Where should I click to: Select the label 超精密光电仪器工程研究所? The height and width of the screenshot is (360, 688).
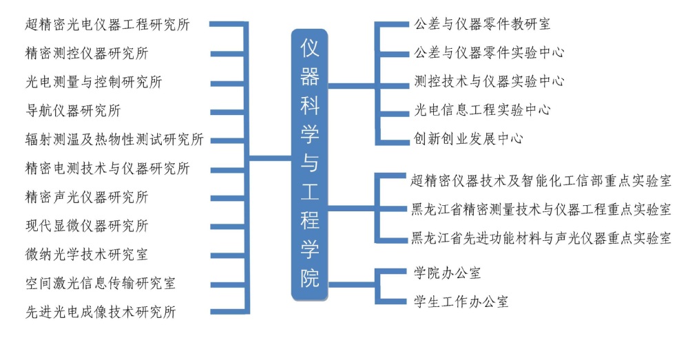click(x=107, y=25)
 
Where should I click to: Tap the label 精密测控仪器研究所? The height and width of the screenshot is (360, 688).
click(x=86, y=54)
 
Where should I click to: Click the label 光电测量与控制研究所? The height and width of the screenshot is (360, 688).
click(x=93, y=83)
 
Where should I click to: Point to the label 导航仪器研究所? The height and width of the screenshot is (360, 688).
click(x=72, y=111)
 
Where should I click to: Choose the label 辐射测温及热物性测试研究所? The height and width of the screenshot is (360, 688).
click(x=114, y=140)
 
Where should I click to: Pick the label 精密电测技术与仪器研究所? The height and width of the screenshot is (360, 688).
click(x=107, y=169)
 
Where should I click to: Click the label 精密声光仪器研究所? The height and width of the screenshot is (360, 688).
click(x=86, y=198)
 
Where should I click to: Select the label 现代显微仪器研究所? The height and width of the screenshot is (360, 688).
click(x=86, y=226)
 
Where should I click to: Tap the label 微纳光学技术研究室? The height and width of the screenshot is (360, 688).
click(x=86, y=255)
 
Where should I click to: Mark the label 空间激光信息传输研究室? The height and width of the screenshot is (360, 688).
click(x=100, y=284)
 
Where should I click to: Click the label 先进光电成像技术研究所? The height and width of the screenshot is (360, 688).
click(x=100, y=313)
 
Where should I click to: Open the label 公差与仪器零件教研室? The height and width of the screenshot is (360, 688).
click(x=482, y=24)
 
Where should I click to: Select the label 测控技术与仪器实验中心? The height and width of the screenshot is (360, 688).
click(x=489, y=81)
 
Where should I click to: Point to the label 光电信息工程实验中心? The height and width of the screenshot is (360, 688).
click(x=482, y=110)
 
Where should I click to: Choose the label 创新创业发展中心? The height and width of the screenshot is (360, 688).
click(x=468, y=138)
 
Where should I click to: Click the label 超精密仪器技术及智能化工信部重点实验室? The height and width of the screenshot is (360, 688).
click(x=541, y=181)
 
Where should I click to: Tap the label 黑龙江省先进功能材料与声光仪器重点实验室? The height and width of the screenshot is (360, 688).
click(x=541, y=239)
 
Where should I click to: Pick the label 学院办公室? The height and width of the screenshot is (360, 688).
click(x=448, y=273)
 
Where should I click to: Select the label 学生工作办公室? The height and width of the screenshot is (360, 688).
click(x=461, y=301)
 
